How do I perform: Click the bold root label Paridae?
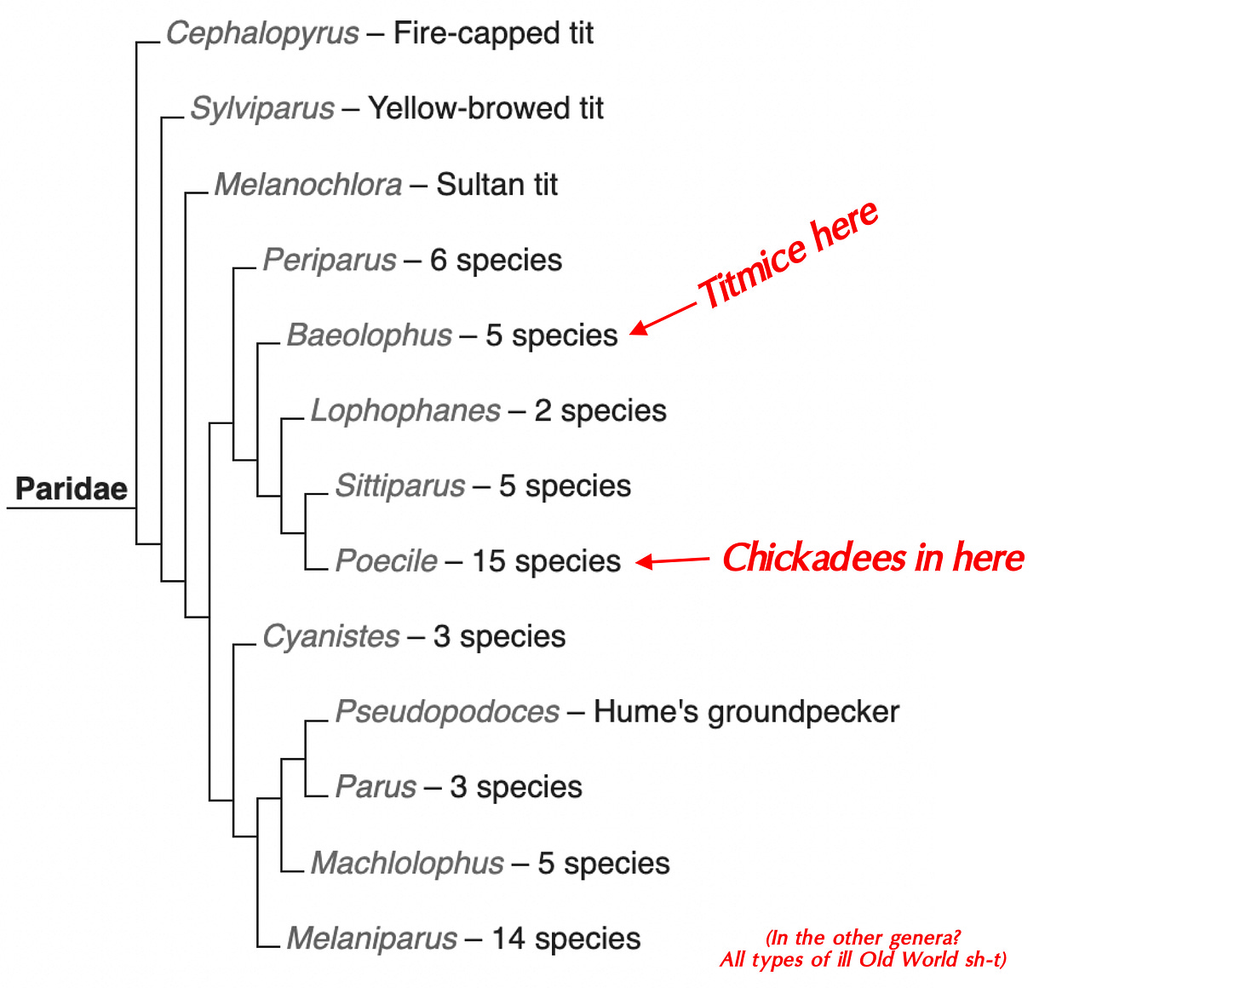pyautogui.click(x=72, y=489)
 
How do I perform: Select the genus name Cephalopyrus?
pyautogui.click(x=262, y=34)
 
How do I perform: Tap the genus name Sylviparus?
pyautogui.click(x=262, y=109)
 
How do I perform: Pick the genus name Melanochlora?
pyautogui.click(x=307, y=185)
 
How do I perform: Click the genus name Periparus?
pyautogui.click(x=329, y=260)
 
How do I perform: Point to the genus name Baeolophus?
pyautogui.click(x=369, y=336)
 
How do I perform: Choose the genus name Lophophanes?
pyautogui.click(x=405, y=411)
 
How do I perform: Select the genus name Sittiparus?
pyautogui.click(x=400, y=486)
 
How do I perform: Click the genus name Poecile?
pyautogui.click(x=386, y=561)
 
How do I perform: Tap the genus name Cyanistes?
pyautogui.click(x=330, y=636)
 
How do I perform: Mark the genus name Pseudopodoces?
pyautogui.click(x=447, y=712)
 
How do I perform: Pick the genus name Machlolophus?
pyautogui.click(x=407, y=864)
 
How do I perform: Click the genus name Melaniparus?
pyautogui.click(x=371, y=939)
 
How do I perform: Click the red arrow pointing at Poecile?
pyautogui.click(x=673, y=560)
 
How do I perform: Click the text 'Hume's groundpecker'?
pyautogui.click(x=746, y=712)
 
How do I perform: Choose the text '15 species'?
pyautogui.click(x=546, y=561)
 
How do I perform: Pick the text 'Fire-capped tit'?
pyautogui.click(x=493, y=34)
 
